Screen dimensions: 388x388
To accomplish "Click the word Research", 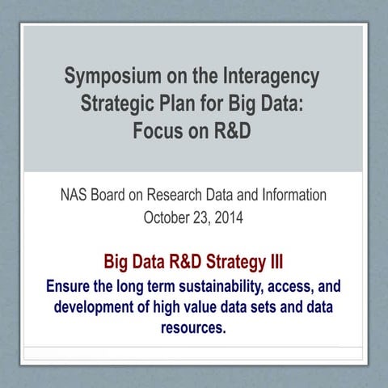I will click(192, 195).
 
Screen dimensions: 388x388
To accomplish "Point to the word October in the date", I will click(167, 217).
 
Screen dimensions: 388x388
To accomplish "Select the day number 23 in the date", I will click(203, 217).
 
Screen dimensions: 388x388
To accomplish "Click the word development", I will click(96, 308).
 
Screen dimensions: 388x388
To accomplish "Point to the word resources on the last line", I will click(194, 330).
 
